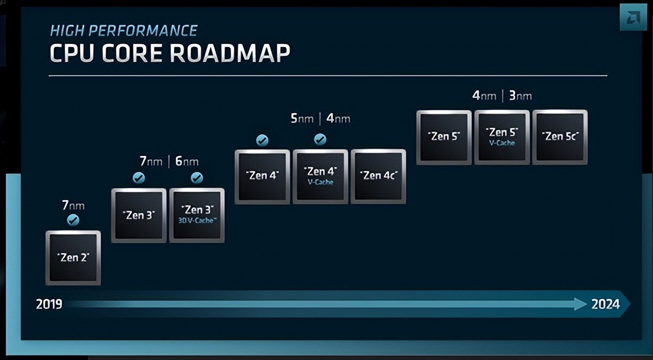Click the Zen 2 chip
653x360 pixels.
click(x=73, y=257)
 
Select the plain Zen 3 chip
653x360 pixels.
click(x=139, y=215)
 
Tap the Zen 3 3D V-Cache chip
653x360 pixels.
click(x=197, y=215)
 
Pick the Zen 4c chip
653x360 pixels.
click(x=378, y=176)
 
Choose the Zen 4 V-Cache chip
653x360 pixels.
click(x=320, y=176)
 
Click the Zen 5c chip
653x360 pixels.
click(x=559, y=136)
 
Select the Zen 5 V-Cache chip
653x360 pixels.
click(x=502, y=136)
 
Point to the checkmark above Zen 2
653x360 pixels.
click(x=73, y=220)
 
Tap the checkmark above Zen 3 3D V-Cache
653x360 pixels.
click(x=197, y=178)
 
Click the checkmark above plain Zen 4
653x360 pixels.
click(x=262, y=140)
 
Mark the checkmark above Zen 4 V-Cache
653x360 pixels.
click(x=320, y=140)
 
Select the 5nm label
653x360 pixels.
click(x=302, y=118)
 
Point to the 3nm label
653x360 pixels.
click(x=520, y=96)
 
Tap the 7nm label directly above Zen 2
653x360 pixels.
click(x=73, y=206)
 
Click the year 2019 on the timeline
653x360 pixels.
click(x=49, y=304)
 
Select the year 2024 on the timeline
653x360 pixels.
click(x=606, y=304)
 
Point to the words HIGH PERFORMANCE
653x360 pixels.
click(x=124, y=30)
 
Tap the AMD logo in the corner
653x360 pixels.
click(x=632, y=20)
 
